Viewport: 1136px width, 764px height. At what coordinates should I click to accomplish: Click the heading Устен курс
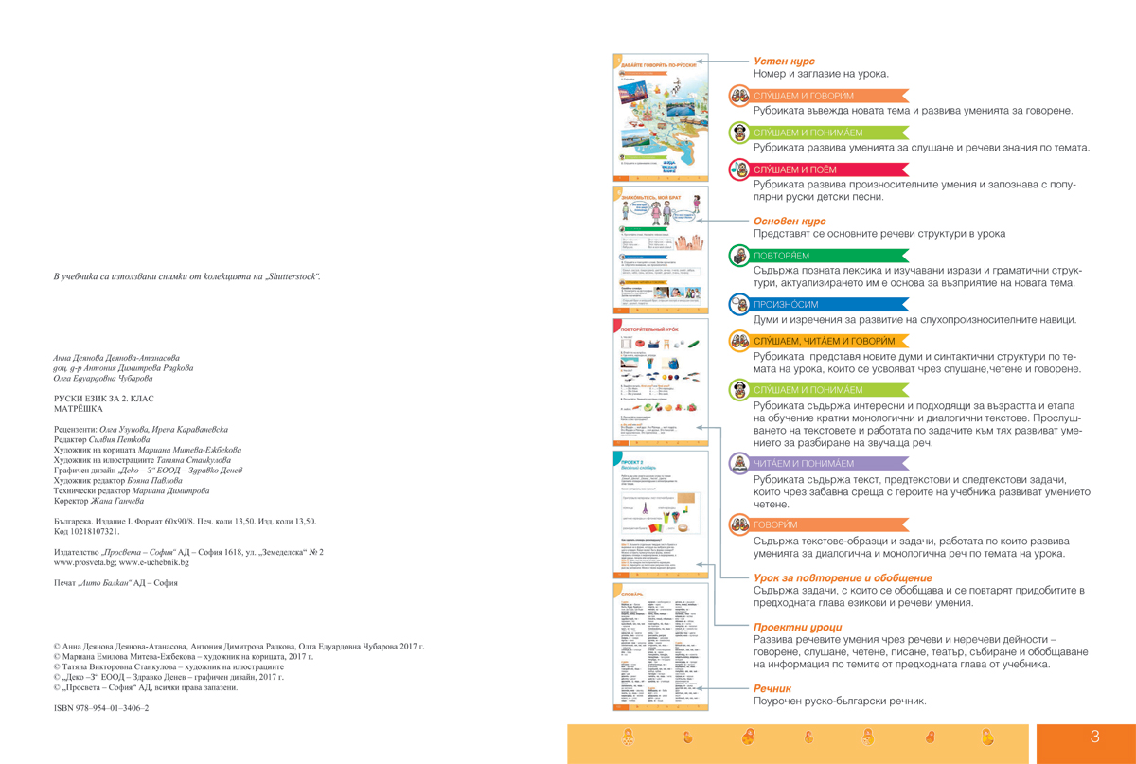[784, 61]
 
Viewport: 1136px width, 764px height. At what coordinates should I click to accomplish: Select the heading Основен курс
[790, 221]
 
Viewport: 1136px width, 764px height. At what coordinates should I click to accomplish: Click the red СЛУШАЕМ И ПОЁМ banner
[814, 169]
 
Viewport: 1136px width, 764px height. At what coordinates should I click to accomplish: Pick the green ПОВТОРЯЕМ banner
[814, 256]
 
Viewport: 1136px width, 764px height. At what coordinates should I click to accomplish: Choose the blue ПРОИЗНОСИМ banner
[814, 305]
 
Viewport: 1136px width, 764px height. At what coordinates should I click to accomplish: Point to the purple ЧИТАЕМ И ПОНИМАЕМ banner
[814, 464]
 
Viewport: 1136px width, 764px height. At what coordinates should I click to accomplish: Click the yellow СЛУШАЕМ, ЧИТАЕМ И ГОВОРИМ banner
[824, 341]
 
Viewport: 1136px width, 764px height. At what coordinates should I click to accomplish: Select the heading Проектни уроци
[797, 627]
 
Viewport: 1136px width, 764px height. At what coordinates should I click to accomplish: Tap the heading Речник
[772, 688]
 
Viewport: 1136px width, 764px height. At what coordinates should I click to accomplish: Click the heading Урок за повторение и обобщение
[843, 577]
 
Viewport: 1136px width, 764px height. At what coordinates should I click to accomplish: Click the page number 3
[1095, 737]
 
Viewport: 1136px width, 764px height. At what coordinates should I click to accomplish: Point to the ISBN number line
[101, 707]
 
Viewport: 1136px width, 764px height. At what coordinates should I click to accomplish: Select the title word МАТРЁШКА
[80, 409]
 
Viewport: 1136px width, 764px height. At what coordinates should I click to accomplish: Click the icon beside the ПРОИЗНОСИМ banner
[739, 305]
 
